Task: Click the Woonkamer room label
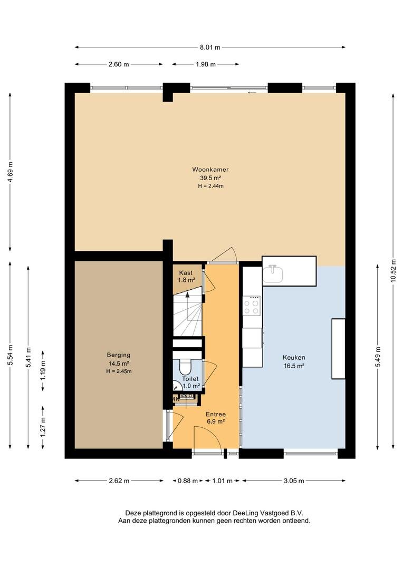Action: coord(210,170)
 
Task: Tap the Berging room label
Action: coord(119,355)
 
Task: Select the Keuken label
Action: coord(294,357)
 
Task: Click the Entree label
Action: coord(216,414)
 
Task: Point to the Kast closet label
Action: coord(186,273)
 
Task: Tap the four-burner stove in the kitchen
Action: coord(252,306)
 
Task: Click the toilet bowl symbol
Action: coord(185,367)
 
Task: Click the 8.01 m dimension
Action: coord(210,47)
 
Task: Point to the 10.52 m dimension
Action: coord(393,270)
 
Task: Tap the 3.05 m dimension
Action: coord(294,481)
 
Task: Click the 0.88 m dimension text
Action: coord(187,481)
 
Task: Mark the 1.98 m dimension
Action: coord(206,64)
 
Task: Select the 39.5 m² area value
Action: coord(210,178)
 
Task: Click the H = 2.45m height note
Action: coord(119,371)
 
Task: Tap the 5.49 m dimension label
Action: coord(378,357)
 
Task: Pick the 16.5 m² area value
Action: coord(294,366)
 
